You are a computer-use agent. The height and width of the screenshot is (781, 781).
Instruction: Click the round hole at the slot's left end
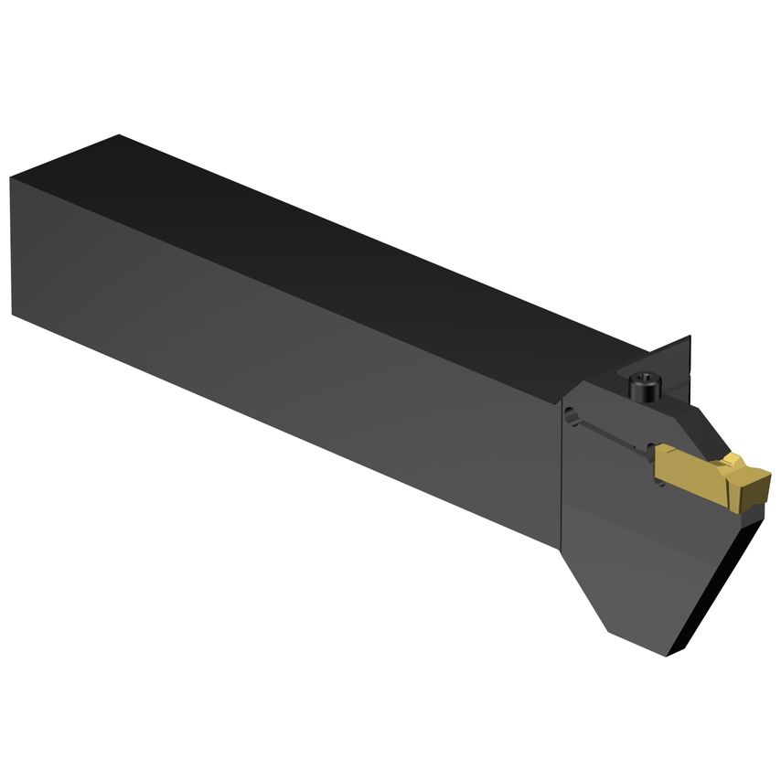coord(570,416)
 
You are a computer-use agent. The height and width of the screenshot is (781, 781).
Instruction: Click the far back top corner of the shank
coord(119,136)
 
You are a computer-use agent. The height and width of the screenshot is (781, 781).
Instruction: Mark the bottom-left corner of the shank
coord(14,314)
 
